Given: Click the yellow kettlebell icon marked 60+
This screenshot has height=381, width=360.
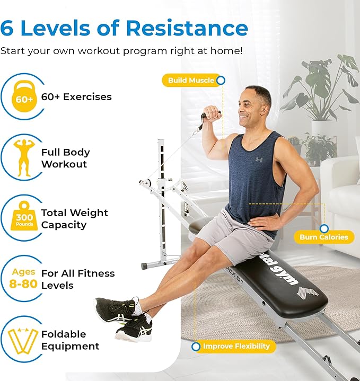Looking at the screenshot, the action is [x=24, y=96].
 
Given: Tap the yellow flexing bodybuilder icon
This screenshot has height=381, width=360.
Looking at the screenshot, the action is [x=24, y=157].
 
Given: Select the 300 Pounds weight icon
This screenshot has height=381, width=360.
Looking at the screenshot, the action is [x=24, y=216].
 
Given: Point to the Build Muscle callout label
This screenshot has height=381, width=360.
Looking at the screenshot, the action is [x=191, y=80].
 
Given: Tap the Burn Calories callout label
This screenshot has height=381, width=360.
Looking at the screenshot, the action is [x=324, y=237].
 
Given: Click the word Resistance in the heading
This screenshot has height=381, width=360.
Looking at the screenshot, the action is [x=187, y=28].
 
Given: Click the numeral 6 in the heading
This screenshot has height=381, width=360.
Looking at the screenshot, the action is [x=6, y=28].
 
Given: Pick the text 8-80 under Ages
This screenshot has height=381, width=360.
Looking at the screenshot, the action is [x=23, y=284].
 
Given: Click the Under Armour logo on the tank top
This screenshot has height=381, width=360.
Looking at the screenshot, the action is [x=259, y=160].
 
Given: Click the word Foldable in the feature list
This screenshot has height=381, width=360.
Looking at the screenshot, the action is [x=64, y=334].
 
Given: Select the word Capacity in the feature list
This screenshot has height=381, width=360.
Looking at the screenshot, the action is [x=64, y=225].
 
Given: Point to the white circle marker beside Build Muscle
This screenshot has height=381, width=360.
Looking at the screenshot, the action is [x=221, y=80].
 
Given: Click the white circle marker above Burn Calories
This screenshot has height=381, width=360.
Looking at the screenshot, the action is [x=324, y=228].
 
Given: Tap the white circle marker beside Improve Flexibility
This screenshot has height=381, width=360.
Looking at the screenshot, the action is [x=196, y=347].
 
